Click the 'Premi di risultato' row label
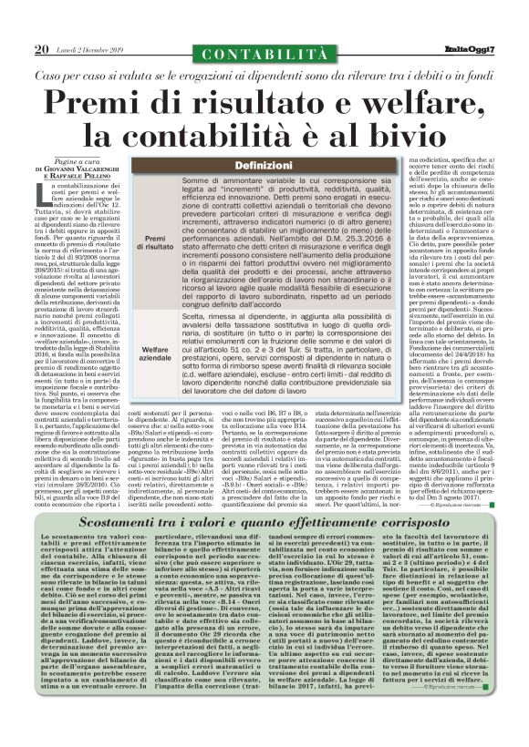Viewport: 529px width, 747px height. tap(152, 240)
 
